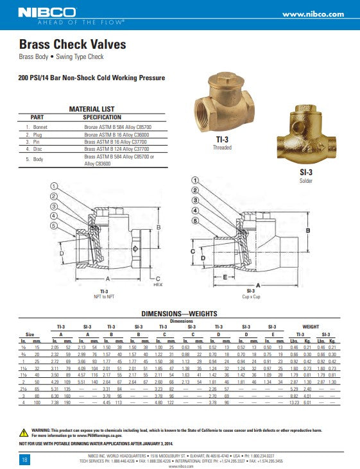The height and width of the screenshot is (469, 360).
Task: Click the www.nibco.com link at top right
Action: [313, 14]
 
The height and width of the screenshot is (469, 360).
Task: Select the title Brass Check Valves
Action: [72, 45]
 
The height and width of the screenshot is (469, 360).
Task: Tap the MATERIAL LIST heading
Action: [91, 109]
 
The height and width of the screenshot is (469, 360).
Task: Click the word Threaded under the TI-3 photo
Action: [222, 147]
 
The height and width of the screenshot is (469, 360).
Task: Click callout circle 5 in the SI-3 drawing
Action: [195, 221]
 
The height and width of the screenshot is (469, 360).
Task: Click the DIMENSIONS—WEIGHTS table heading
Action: [179, 314]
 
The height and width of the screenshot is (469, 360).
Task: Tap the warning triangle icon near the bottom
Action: [24, 429]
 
